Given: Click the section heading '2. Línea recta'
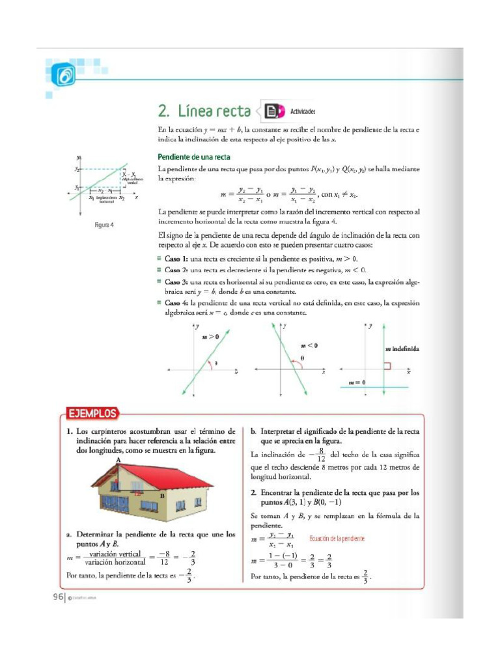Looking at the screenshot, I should pos(204,111).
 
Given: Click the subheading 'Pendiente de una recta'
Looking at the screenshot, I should pos(193,156).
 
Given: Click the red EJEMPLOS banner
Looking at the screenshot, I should pos(93,413).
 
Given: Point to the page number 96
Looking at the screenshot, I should pos(57,597).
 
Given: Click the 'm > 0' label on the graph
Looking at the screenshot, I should pos(210,337).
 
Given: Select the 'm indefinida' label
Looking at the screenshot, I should pos(401,348).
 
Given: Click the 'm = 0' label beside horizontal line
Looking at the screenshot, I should pos(357,382).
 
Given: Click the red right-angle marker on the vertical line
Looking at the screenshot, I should pos(387,367).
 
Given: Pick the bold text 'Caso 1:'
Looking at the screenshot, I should pos(176,259).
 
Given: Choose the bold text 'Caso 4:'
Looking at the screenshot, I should pos(176,302).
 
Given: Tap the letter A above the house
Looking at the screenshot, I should pos(118,460).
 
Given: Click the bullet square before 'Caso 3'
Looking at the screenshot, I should pos(160,281).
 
